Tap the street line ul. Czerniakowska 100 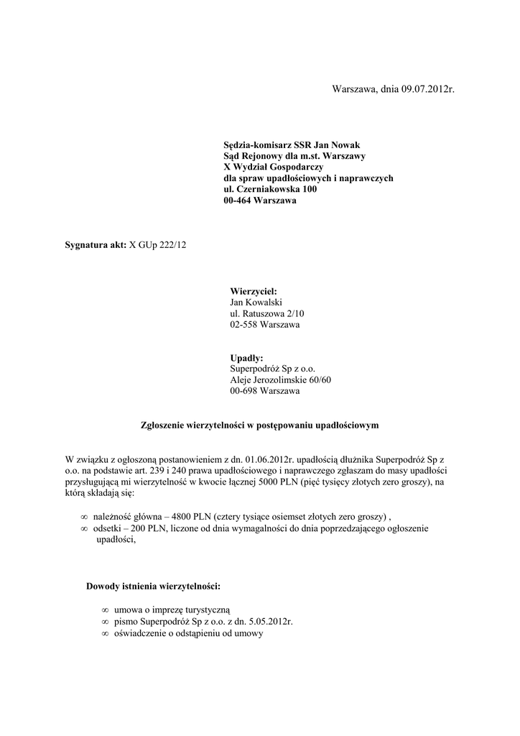270,189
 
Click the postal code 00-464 238,201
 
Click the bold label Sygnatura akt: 96,246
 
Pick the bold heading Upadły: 246,358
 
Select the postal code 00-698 243,391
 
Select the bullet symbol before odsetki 84,529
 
